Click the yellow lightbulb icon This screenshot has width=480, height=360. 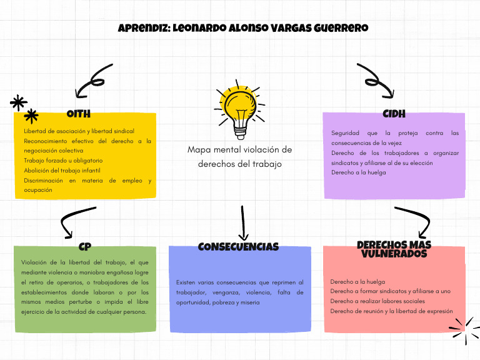pyautogui.click(x=241, y=111)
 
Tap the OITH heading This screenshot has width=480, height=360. pyautogui.click(x=79, y=114)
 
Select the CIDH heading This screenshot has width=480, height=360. pyautogui.click(x=394, y=114)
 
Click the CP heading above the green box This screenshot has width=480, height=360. pyautogui.click(x=85, y=247)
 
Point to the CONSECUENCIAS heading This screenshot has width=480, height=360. pyautogui.click(x=238, y=247)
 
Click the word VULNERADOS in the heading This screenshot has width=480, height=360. pyautogui.click(x=394, y=254)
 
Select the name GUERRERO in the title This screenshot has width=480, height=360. pyautogui.click(x=339, y=28)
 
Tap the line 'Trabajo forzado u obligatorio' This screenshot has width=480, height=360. pyautogui.click(x=62, y=161)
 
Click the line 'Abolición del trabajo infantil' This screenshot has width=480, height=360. pyautogui.click(x=62, y=170)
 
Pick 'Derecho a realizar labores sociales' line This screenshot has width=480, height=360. pyautogui.click(x=377, y=301)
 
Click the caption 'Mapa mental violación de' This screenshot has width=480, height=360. pyautogui.click(x=239, y=150)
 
